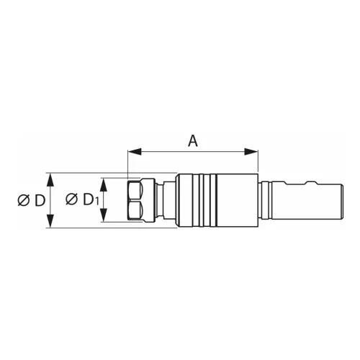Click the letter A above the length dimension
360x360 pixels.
tap(193, 141)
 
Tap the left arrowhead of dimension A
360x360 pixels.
tap(135, 152)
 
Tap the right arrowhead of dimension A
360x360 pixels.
tap(251, 152)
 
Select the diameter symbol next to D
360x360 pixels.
tap(24, 200)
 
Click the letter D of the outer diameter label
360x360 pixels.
tap(40, 200)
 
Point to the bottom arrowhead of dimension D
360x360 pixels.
tap(50, 221)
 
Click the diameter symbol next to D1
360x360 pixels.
tap(72, 199)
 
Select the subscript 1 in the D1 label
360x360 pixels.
tap(96, 201)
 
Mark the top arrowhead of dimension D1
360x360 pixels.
tap(104, 185)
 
